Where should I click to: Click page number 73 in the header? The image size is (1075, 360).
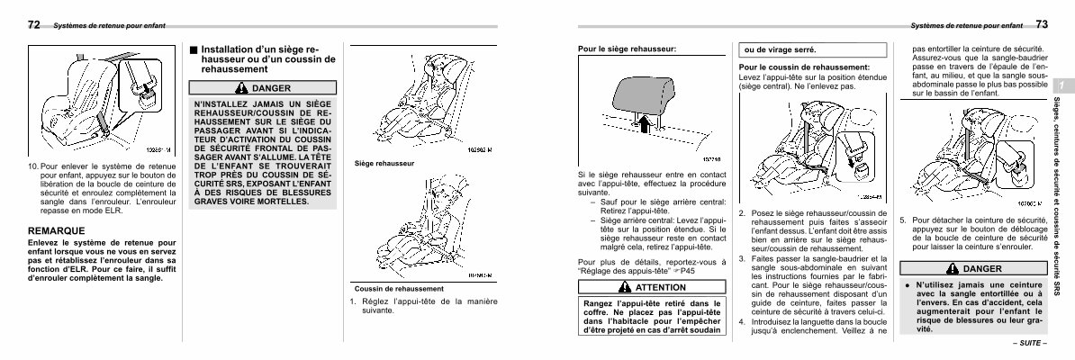click(1043, 24)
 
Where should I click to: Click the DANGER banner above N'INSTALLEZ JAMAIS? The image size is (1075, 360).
click(263, 87)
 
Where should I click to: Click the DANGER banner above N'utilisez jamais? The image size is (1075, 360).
click(974, 268)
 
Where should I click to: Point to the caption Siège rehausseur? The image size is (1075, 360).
click(384, 164)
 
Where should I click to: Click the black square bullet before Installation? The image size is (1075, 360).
click(194, 49)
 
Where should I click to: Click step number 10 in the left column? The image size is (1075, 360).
click(33, 167)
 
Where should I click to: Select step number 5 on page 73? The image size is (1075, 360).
click(904, 219)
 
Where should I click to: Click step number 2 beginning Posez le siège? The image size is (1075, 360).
click(741, 213)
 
